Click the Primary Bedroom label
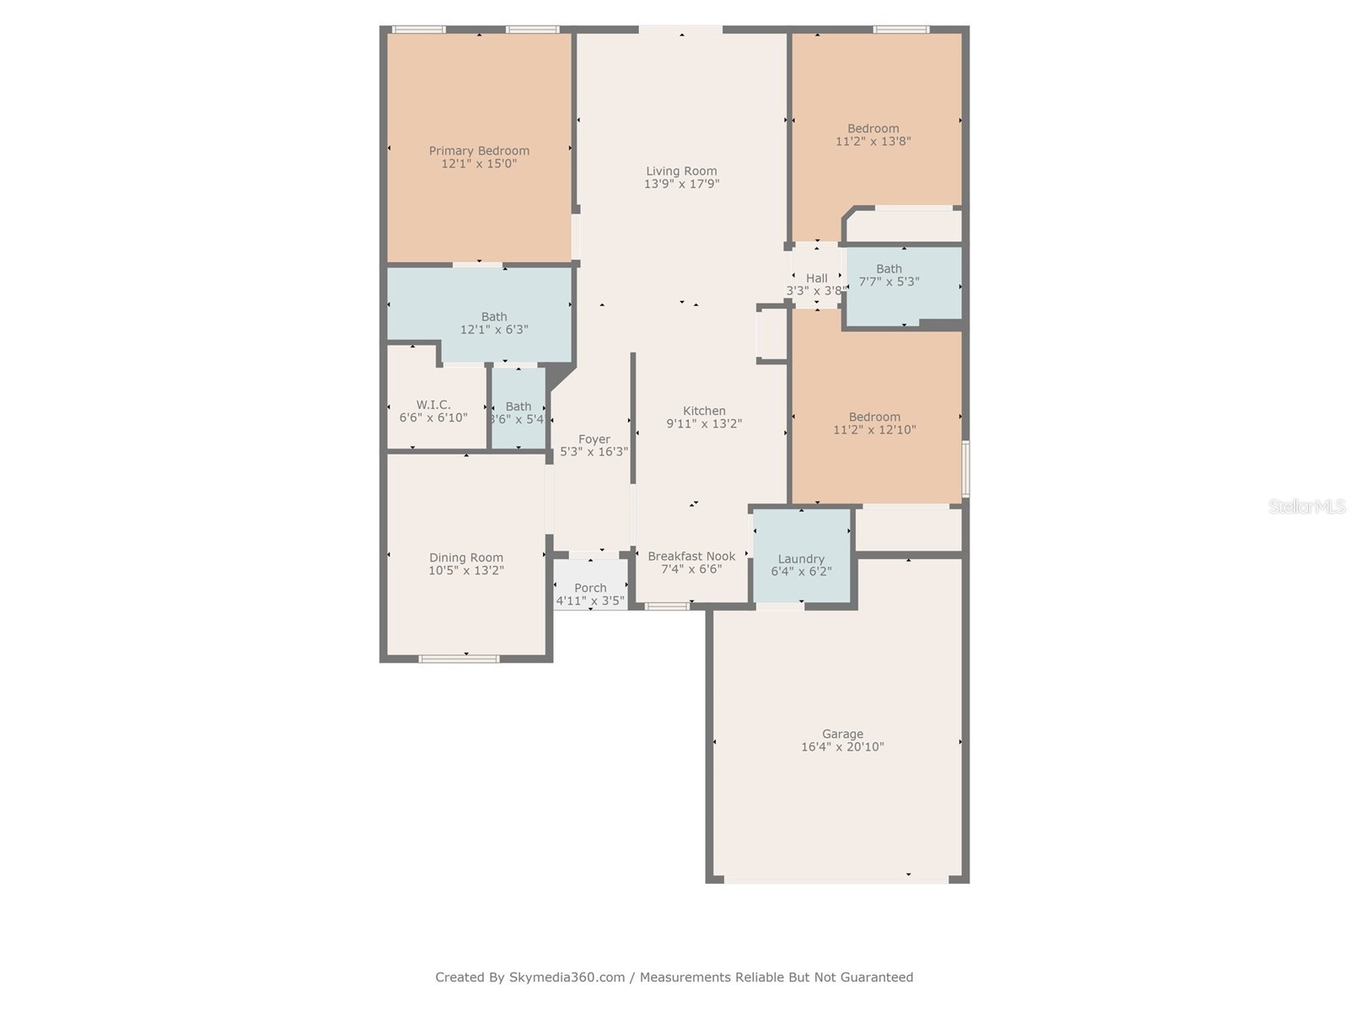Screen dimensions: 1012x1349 tap(479, 151)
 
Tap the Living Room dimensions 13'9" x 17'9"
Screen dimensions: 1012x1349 tap(681, 184)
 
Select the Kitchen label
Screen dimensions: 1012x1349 tap(704, 411)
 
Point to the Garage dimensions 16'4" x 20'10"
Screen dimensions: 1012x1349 tap(842, 746)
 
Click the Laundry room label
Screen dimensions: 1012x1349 tap(801, 558)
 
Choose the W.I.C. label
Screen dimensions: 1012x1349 tap(433, 405)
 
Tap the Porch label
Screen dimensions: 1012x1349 tap(590, 588)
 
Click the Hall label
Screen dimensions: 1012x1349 tap(816, 278)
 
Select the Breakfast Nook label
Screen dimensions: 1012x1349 tap(691, 556)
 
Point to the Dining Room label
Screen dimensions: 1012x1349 tap(466, 557)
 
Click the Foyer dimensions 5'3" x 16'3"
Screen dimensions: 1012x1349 tap(594, 452)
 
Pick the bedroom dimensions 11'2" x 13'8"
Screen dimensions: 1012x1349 tap(873, 142)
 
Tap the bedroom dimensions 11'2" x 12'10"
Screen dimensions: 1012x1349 tap(874, 429)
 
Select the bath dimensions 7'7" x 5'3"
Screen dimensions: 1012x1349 tap(889, 282)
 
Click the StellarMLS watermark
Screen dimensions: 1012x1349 tap(1307, 506)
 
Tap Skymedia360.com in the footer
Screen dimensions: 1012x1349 tap(567, 977)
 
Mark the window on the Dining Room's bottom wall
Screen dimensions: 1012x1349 tap(460, 659)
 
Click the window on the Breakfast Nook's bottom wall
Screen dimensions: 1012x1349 tap(667, 606)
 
